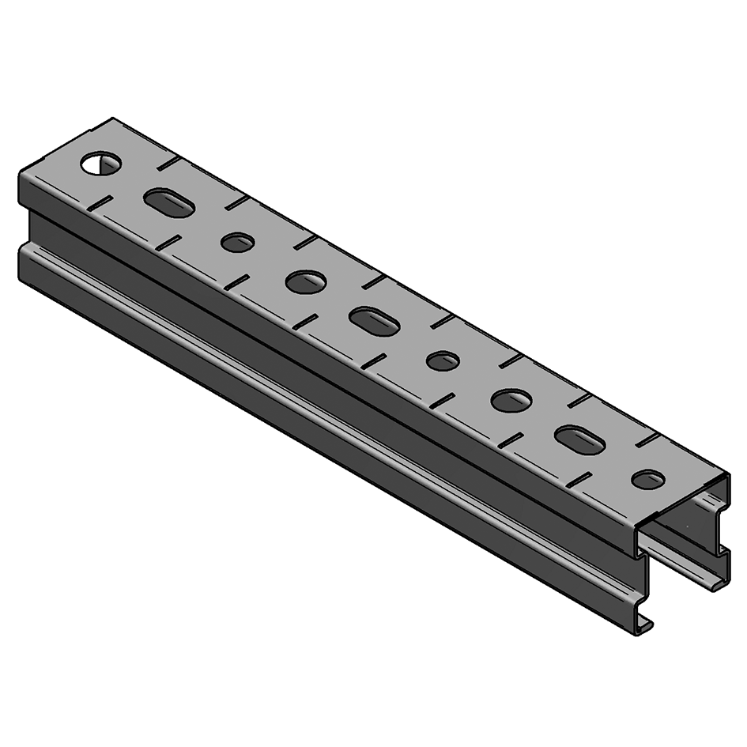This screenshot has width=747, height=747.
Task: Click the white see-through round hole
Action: point(101,164)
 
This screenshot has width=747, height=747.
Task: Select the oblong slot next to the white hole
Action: point(169,202)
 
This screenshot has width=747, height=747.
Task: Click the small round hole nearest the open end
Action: point(649,479)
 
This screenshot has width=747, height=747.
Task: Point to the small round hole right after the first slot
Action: point(237,243)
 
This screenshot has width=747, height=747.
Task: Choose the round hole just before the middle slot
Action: point(306,281)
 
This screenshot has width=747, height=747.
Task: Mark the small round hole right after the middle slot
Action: point(443,361)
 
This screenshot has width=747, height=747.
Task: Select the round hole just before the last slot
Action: point(511,400)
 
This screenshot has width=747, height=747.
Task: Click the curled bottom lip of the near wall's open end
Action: point(644,624)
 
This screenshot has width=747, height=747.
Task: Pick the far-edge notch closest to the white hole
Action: point(166,164)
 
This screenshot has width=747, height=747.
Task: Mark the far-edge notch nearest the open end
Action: point(647,440)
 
